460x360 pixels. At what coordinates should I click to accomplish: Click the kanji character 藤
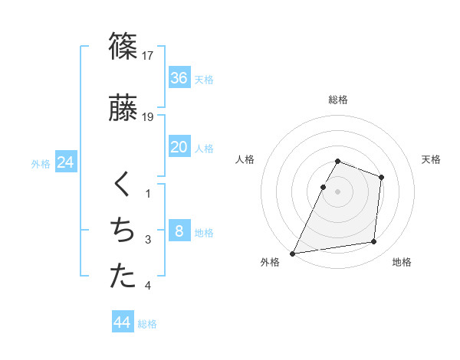click(123, 109)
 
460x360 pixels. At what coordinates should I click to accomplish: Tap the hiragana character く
click(123, 185)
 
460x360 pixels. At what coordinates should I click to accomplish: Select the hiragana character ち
click(123, 231)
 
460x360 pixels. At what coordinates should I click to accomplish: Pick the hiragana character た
click(123, 277)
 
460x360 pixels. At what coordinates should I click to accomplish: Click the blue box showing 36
click(179, 78)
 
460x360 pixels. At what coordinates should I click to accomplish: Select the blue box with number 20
click(179, 147)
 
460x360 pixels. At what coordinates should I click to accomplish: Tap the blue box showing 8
click(179, 231)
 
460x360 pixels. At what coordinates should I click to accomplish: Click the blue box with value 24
click(65, 162)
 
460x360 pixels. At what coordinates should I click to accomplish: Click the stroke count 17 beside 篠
click(148, 55)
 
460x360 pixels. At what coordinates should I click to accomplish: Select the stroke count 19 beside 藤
click(148, 116)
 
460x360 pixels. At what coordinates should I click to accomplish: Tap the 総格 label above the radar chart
click(338, 100)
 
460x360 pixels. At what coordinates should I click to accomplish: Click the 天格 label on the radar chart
click(432, 159)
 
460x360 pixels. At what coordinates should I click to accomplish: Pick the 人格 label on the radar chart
click(245, 159)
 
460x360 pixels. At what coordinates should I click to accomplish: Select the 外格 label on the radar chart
click(270, 263)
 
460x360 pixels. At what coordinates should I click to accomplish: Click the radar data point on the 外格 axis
click(292, 254)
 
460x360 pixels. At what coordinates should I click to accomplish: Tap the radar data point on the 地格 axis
click(374, 242)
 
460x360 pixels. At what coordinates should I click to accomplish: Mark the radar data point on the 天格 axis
click(381, 177)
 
